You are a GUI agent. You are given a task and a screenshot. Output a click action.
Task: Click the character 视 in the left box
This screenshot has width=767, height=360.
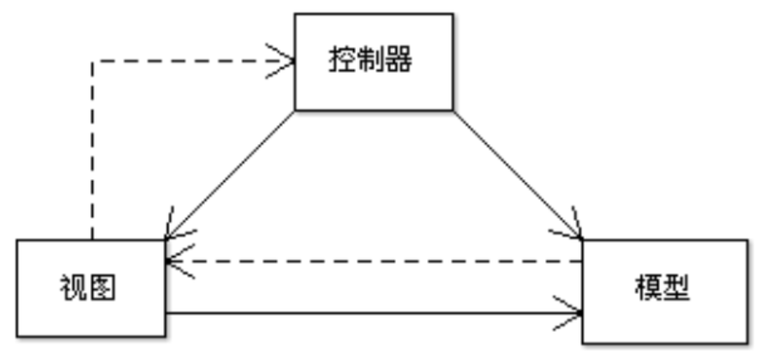[73, 288]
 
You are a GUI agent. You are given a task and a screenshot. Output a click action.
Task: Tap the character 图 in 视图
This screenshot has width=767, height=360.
[103, 288]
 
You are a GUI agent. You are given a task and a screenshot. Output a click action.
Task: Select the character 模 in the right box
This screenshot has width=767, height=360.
[646, 290]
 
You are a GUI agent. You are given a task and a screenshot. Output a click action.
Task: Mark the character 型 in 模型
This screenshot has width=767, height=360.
[677, 290]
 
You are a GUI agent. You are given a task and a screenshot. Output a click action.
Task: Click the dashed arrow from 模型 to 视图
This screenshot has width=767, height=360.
[377, 261]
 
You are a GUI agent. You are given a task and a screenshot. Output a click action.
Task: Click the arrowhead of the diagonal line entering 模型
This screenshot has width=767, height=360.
[573, 231]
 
